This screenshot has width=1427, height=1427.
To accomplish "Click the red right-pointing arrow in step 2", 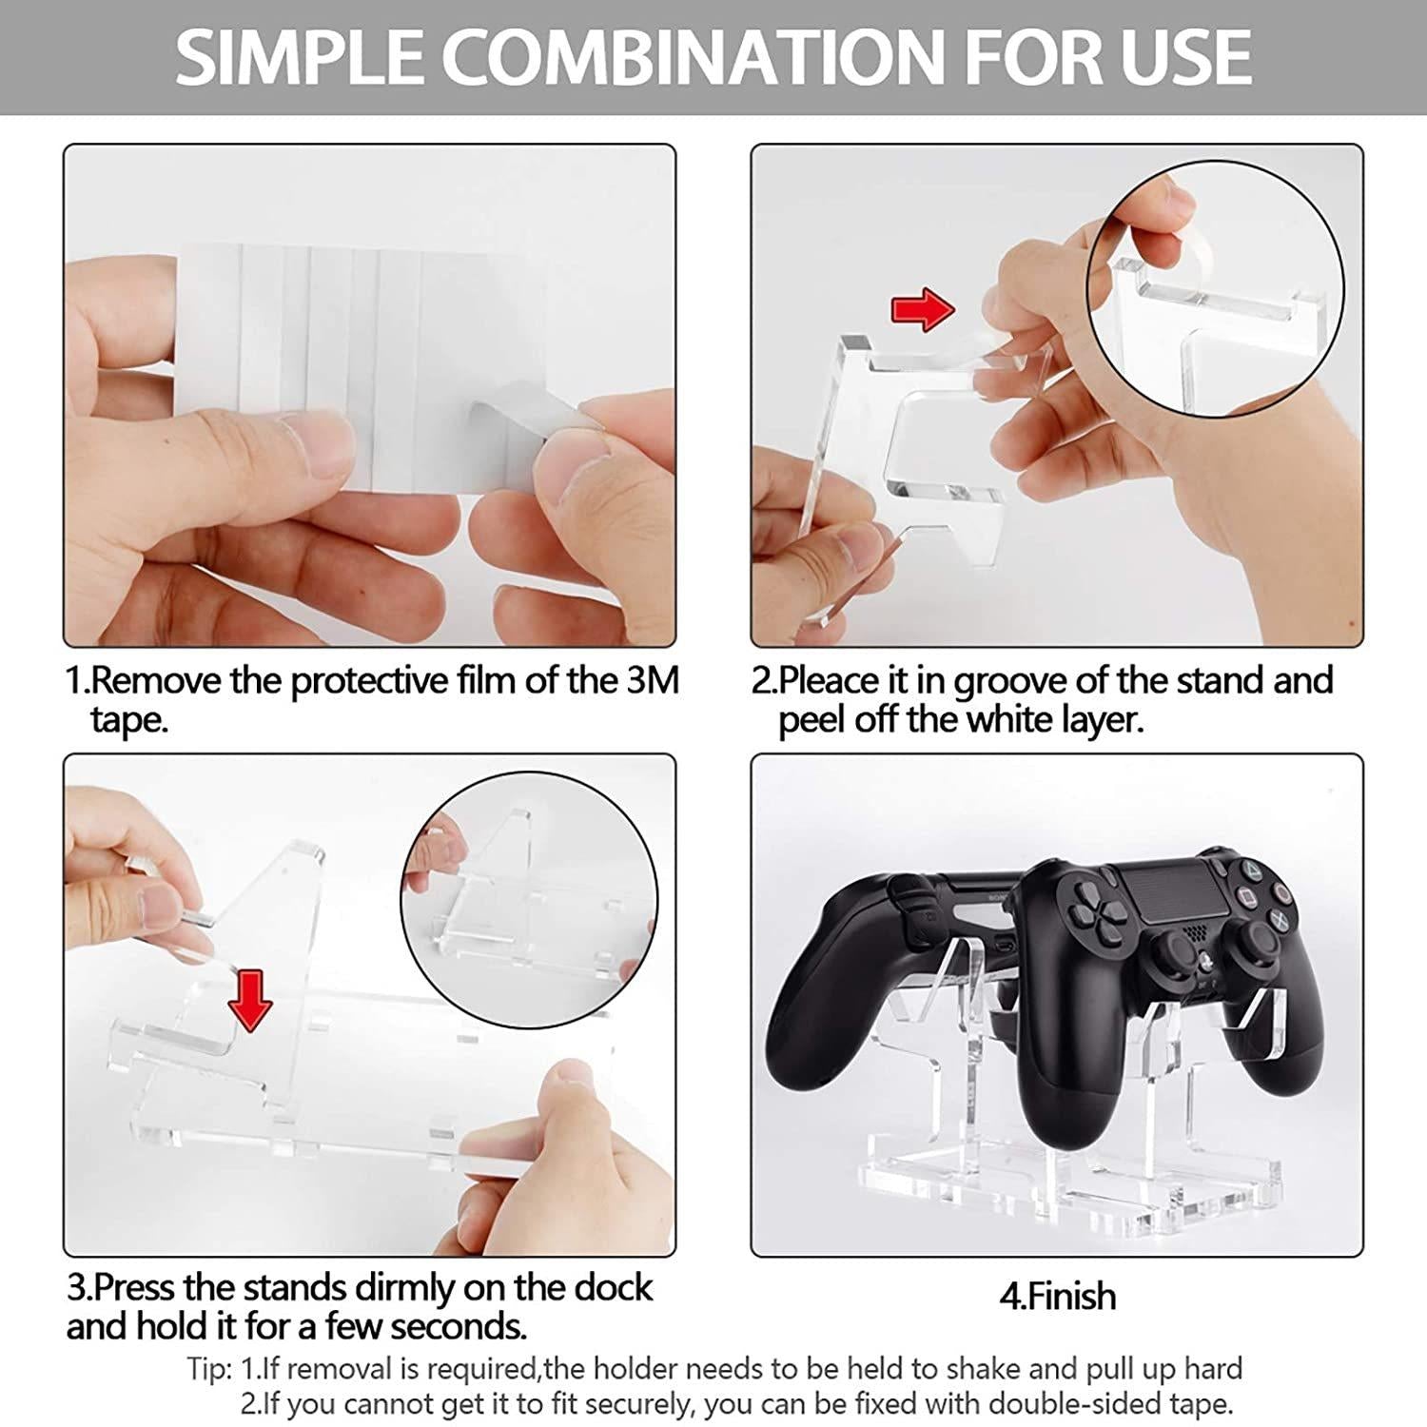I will pos(922,309).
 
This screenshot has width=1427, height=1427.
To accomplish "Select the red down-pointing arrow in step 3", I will pos(250,1001).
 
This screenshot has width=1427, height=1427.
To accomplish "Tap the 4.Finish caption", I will pos(1057,1296).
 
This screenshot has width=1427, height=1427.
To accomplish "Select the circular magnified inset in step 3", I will pos(529,899).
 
